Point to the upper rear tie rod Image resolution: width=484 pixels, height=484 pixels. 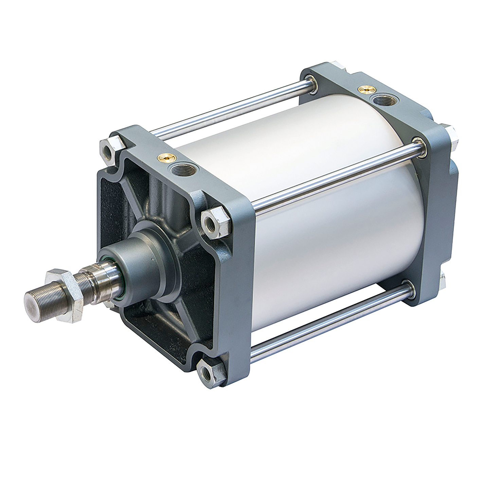(221, 109)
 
